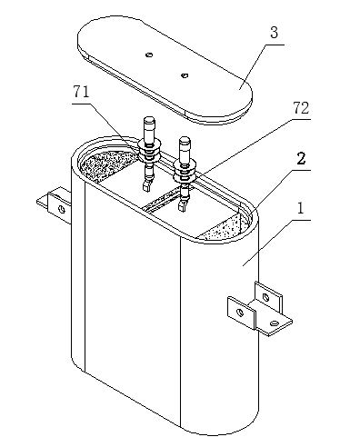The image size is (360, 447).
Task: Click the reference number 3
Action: [x=274, y=33]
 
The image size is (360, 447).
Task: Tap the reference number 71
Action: [x=81, y=92]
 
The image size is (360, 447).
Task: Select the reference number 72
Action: [x=301, y=108]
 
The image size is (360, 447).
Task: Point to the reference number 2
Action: [x=301, y=158]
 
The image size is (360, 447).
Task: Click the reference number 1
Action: [x=300, y=208]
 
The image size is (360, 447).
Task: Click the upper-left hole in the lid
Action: [x=149, y=55]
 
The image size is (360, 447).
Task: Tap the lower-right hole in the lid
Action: [x=185, y=75]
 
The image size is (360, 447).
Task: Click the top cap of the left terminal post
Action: [x=149, y=122]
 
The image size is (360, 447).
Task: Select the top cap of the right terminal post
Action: [x=185, y=142]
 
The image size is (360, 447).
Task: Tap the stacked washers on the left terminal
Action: [x=149, y=152]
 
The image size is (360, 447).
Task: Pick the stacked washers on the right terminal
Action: [x=185, y=172]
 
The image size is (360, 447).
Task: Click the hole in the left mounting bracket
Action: [x=62, y=209]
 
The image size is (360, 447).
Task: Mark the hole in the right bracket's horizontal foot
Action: [x=275, y=323]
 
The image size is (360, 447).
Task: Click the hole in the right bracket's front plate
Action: [x=240, y=313]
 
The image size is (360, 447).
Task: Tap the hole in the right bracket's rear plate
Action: [x=265, y=297]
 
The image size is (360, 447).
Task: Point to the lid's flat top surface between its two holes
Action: [x=166, y=65]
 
